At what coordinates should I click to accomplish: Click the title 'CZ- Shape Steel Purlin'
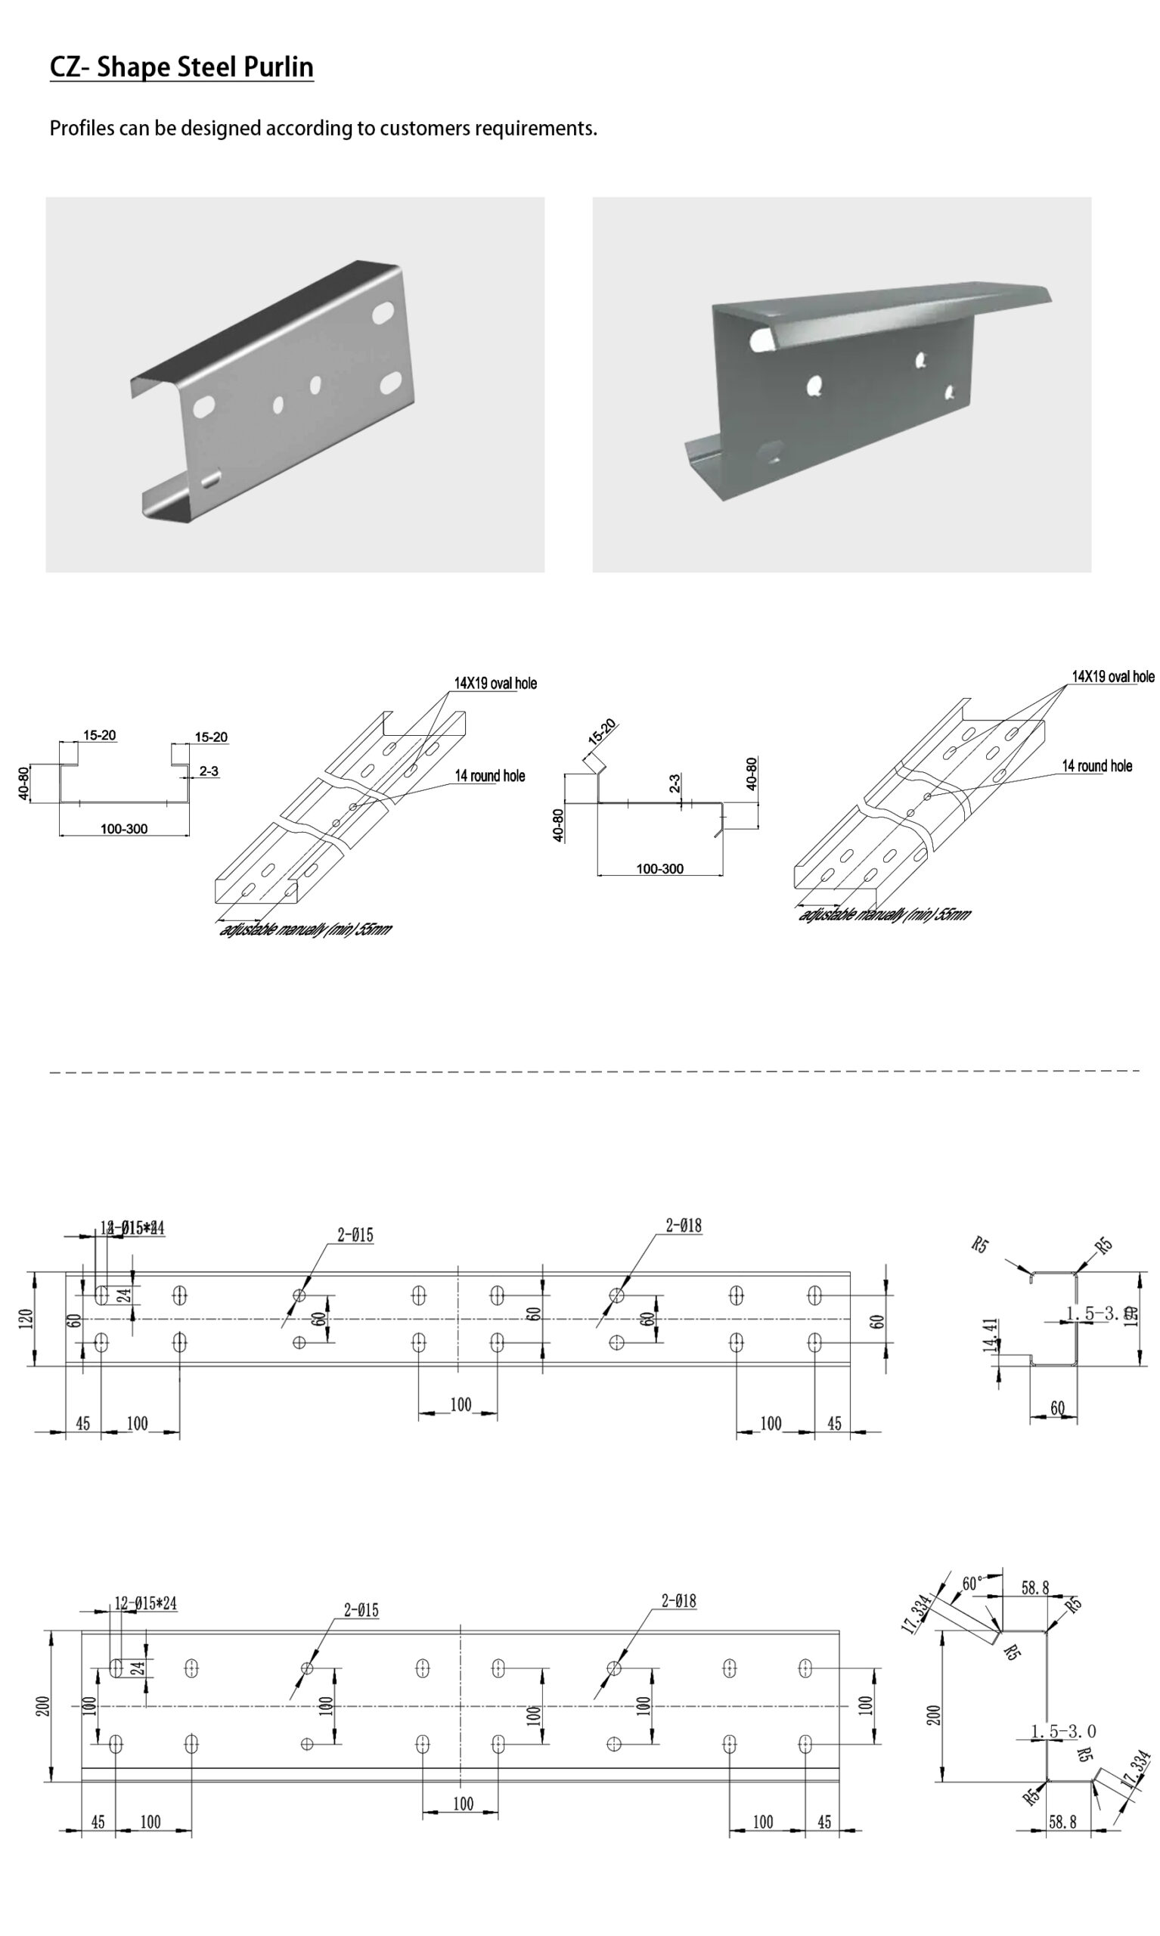pos(181,67)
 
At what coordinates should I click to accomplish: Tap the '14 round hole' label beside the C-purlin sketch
pos(489,776)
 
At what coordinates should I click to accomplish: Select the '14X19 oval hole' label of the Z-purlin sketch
pos(1112,677)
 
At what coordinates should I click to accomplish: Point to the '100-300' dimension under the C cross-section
pos(123,829)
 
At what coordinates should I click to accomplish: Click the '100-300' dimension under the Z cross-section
pos(659,868)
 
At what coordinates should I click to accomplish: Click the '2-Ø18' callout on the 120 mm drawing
pos(683,1227)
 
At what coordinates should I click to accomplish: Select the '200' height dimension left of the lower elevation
pos(44,1705)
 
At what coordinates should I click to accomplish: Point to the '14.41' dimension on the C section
pos(991,1334)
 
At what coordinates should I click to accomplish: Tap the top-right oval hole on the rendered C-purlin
pos(384,312)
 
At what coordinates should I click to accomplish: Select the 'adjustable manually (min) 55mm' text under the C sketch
pos(306,929)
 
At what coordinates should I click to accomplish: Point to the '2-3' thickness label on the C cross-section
pos(209,771)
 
